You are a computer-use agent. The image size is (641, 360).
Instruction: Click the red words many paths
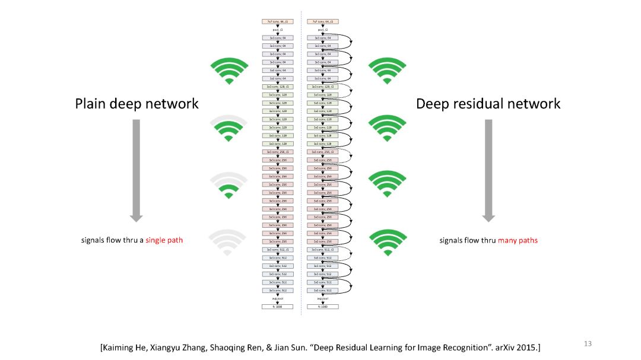(x=518, y=240)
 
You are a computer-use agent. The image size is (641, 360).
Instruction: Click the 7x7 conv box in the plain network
(x=278, y=21)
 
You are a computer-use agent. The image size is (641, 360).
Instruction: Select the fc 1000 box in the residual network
(x=323, y=307)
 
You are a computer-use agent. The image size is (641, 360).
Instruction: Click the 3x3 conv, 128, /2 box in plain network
(x=278, y=87)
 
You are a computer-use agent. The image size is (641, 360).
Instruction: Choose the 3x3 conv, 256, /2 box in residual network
(x=323, y=152)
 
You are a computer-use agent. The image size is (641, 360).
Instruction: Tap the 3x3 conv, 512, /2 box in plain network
(x=278, y=250)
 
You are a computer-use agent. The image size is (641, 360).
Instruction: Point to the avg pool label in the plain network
(x=278, y=298)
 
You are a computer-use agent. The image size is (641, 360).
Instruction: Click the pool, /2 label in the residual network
(x=323, y=29)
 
